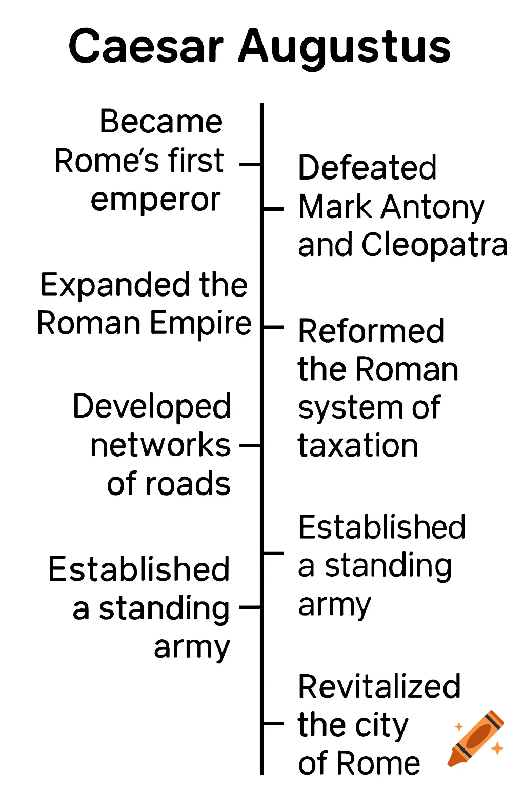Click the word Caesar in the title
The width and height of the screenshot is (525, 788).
point(146,47)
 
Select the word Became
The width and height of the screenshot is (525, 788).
point(161,122)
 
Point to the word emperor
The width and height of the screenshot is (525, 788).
point(156,200)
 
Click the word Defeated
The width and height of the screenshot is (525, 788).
point(367,168)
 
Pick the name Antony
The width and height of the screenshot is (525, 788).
point(433,207)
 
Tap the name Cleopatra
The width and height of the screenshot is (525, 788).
point(434,245)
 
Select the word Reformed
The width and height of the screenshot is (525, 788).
point(371,331)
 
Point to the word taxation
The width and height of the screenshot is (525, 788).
point(358,445)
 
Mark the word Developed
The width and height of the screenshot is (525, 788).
point(152,407)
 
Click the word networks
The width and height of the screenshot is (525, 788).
point(160,445)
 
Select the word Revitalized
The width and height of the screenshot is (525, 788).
point(379,686)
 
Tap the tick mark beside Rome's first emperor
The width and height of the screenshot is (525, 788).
point(250,165)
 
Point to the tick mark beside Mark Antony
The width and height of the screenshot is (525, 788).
point(273,209)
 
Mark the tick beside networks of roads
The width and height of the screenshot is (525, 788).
point(250,446)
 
